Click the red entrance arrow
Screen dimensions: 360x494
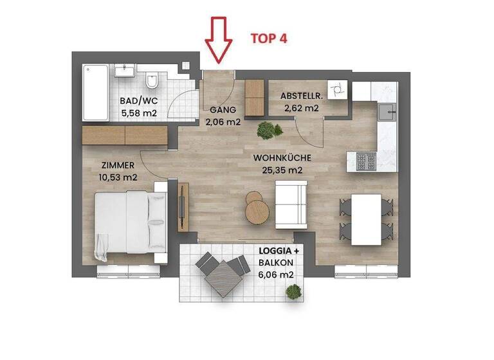[219, 40]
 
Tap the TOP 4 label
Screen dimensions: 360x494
[268, 38]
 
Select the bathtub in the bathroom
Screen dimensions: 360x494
[95, 93]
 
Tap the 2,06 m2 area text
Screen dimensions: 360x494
[223, 121]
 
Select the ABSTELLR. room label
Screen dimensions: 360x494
[300, 96]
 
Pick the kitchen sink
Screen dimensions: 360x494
[387, 113]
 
